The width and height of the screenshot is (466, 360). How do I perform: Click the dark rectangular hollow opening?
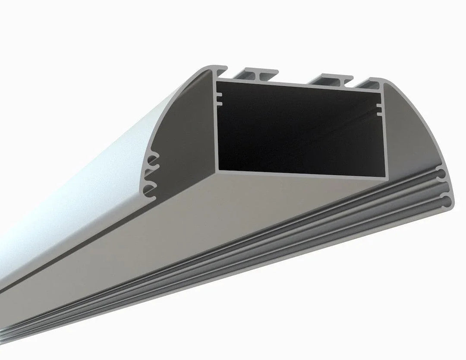(298, 129)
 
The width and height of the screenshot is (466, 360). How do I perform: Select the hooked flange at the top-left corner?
(218, 69)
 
